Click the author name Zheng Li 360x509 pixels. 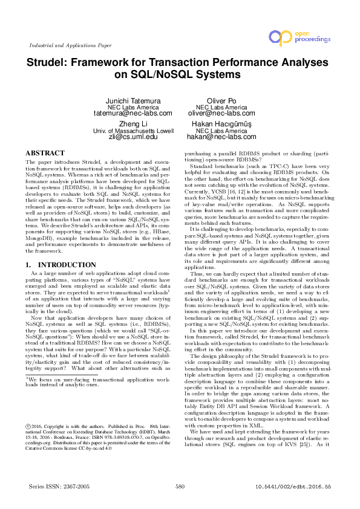coord(134,123)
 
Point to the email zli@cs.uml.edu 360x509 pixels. coord(134,137)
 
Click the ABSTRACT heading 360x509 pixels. coord(45,154)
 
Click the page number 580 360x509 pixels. coord(180,485)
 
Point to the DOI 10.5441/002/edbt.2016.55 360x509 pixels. coord(293,485)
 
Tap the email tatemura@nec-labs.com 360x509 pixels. coord(134,113)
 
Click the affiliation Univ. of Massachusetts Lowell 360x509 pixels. coord(134,131)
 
